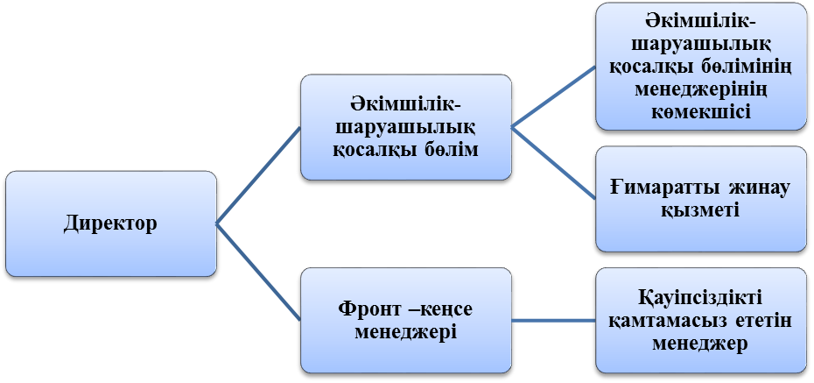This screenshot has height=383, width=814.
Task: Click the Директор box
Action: coord(110,223)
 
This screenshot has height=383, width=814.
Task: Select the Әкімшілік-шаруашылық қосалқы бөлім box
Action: coord(406,127)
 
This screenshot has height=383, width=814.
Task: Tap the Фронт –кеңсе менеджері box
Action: coord(406,320)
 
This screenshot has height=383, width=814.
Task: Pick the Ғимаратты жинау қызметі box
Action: coord(700,199)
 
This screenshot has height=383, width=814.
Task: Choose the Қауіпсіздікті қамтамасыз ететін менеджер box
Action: coord(700,320)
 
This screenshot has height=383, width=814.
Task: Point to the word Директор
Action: coord(110,223)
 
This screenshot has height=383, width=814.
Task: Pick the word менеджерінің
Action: coord(699,92)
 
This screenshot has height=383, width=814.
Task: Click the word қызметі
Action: coord(699,210)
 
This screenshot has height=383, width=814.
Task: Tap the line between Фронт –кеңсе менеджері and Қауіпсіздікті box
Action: coord(553,320)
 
